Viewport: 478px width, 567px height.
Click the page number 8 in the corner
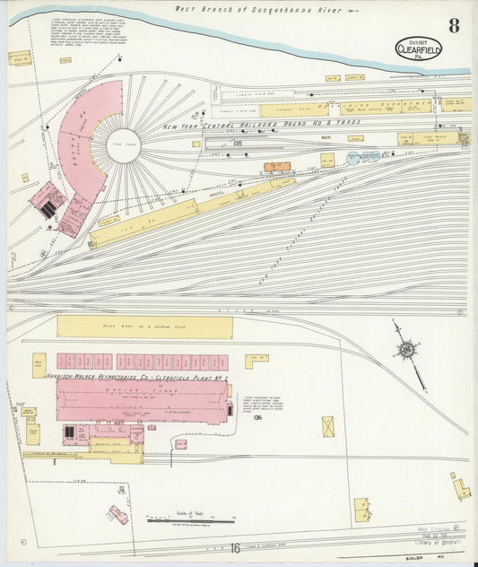[x=455, y=25]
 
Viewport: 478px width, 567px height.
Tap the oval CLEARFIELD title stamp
[x=419, y=50]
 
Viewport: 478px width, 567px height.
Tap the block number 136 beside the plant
[x=256, y=417]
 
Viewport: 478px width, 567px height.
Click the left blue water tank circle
[x=352, y=158]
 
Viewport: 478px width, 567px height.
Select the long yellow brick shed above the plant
[x=144, y=327]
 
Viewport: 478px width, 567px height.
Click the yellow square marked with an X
[x=327, y=426]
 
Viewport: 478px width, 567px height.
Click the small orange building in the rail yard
[x=274, y=167]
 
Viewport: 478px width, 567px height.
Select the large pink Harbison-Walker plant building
[x=143, y=402]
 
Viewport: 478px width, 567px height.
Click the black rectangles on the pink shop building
[x=48, y=207]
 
